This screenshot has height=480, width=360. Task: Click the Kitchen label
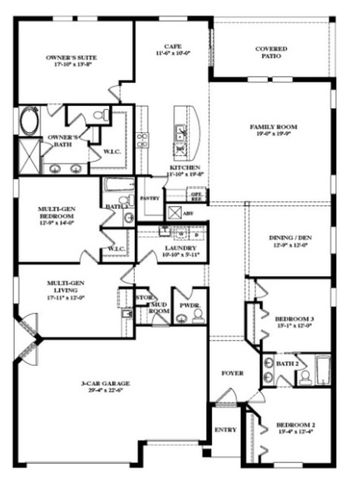185,169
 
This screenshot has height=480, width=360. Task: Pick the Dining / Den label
290,240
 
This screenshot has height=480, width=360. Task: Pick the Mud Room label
157,307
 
